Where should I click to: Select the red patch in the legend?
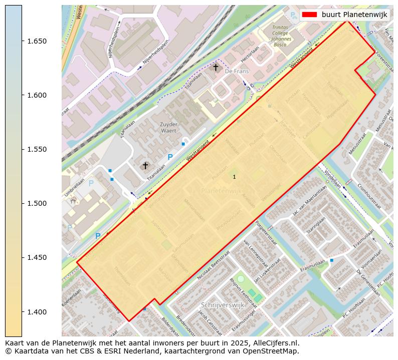309,15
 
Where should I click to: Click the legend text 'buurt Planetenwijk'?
354,15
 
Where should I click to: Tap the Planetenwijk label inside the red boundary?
221,191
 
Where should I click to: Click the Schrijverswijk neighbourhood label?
222,304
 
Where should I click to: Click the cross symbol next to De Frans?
216,67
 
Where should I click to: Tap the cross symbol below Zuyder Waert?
145,165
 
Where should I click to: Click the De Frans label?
237,71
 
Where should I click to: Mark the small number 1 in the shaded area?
234,177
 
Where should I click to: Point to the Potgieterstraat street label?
265,229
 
